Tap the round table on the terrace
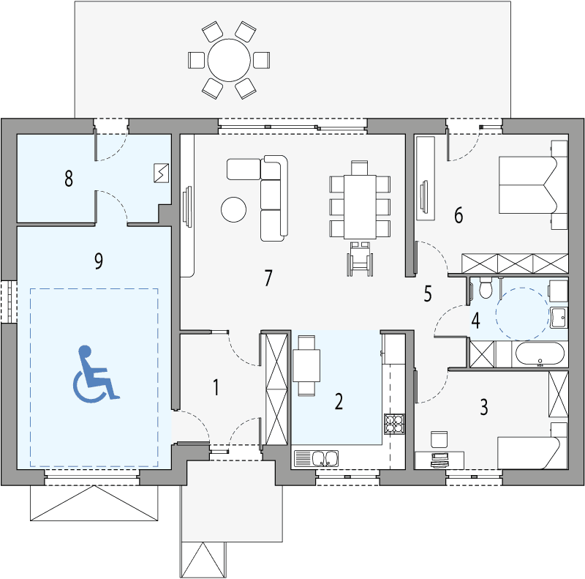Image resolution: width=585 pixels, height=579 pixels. tap(230, 59)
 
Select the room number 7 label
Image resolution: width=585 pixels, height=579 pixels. tap(268, 278)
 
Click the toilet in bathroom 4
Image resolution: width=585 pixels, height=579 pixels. tap(483, 290)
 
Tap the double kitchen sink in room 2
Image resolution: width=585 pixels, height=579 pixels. tap(325, 459)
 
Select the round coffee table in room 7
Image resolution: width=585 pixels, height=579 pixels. tap(234, 209)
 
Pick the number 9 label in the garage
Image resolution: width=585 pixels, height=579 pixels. tap(99, 261)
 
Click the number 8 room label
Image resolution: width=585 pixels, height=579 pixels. tap(69, 179)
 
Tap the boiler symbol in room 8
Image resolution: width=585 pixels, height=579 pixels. tap(161, 173)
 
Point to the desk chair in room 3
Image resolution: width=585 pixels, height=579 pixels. tap(438, 438)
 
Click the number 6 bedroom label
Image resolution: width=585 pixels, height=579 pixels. tap(458, 215)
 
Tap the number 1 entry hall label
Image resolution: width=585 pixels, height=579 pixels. tap(216, 388)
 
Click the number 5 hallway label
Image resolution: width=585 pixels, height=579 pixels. tap(428, 294)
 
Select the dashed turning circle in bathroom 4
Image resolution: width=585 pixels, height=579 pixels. tap(521, 312)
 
